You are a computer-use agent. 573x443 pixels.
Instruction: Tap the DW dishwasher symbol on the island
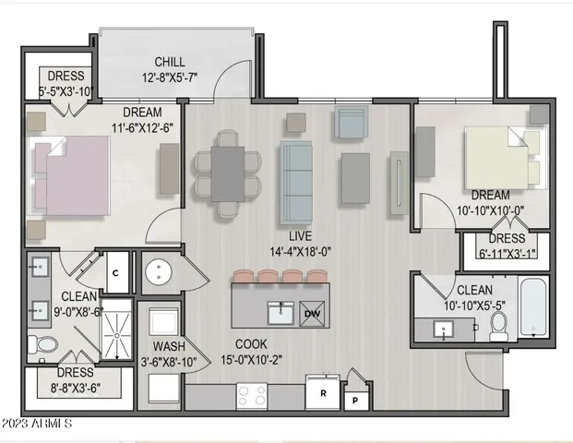click(x=313, y=313)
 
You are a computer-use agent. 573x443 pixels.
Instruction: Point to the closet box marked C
click(x=116, y=272)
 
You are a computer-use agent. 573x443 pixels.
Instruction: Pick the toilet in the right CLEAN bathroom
click(x=499, y=325)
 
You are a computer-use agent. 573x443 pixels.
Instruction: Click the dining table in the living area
click(x=227, y=173)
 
